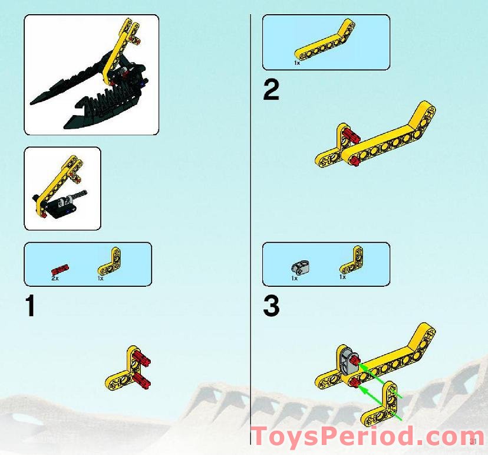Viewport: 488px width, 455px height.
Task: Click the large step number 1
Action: [29, 306]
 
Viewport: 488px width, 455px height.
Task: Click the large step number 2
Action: [271, 90]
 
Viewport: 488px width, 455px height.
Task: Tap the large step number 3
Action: [271, 306]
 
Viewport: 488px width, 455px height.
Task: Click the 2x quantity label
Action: [55, 277]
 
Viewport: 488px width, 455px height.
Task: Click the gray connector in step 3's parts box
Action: [300, 267]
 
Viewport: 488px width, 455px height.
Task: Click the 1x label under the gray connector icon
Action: [295, 278]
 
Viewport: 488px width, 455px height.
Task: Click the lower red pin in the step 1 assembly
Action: [143, 380]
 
